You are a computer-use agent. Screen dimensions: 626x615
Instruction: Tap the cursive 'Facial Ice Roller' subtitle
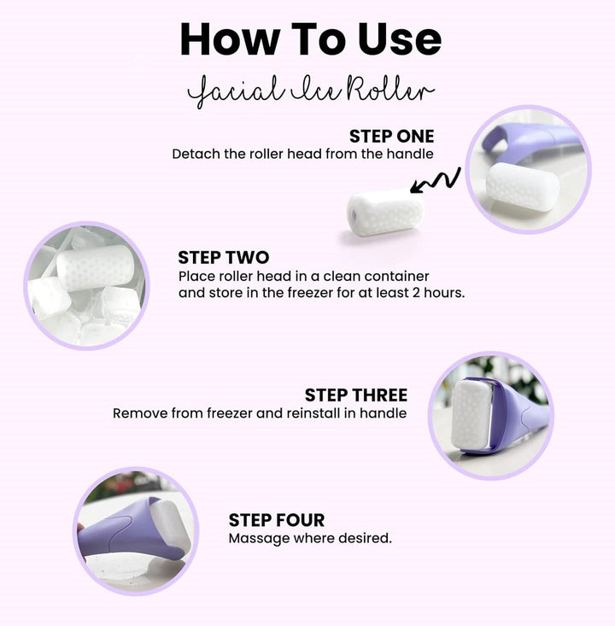pyautogui.click(x=311, y=91)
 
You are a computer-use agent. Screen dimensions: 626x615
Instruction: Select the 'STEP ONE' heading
pyautogui.click(x=391, y=137)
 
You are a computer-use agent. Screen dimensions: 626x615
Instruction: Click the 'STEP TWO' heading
pyautogui.click(x=223, y=257)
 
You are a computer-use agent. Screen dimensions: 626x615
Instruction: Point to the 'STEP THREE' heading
pyautogui.click(x=355, y=395)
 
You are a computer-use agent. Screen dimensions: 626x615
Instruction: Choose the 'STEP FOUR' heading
pyautogui.click(x=276, y=520)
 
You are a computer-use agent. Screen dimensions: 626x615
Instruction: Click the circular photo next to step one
pyautogui.click(x=528, y=169)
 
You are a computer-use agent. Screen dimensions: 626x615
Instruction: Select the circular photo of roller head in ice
pyautogui.click(x=85, y=285)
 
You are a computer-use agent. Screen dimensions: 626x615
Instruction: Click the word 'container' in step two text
pyautogui.click(x=396, y=277)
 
